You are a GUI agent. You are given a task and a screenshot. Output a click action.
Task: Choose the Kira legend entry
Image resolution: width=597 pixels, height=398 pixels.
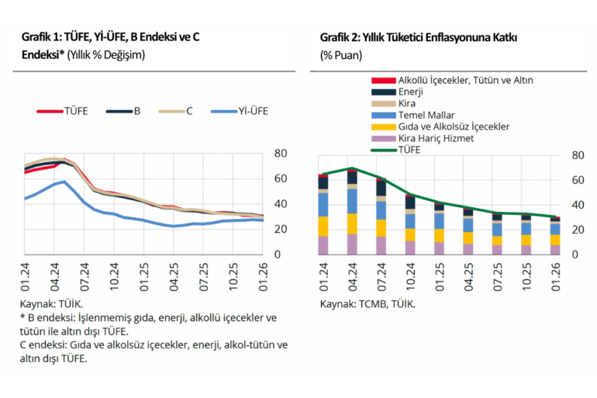409,103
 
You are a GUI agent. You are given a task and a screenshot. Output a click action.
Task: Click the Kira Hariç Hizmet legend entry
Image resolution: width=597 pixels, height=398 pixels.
435,138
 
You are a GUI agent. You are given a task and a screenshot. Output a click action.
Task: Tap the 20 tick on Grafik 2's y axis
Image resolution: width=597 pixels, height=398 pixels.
577,230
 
